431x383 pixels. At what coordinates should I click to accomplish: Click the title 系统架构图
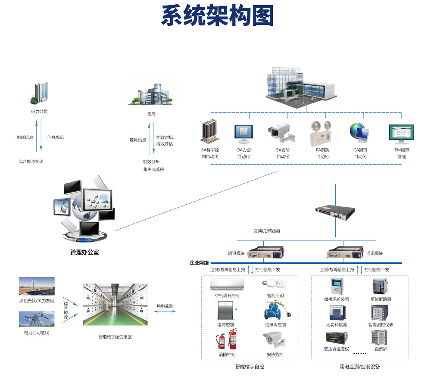point(217,16)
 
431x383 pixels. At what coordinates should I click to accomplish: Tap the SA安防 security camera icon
point(282,133)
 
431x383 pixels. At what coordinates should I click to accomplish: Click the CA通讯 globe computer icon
point(359,134)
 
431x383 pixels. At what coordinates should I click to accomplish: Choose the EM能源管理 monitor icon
point(401,134)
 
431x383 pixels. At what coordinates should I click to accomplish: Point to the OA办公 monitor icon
point(243,134)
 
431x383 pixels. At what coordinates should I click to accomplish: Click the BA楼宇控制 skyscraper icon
point(210,131)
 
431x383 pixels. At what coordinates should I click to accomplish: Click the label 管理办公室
point(84,252)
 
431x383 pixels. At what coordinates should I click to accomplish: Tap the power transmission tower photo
point(37,320)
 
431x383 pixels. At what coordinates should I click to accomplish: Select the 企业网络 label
point(199,262)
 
